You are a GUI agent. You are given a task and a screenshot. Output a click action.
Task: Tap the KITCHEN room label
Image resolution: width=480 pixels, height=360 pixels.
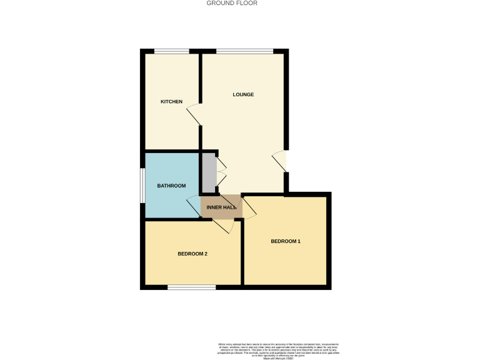coord(171,101)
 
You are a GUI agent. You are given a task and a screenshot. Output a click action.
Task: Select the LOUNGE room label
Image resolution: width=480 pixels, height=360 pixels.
coord(243,94)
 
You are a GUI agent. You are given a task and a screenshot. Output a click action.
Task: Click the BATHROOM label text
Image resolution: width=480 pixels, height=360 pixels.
coord(171,186)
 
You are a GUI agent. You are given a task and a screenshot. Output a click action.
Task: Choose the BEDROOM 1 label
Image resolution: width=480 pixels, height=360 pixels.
coord(286,241)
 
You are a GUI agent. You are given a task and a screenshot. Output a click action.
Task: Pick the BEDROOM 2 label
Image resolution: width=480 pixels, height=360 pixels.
coord(192,254)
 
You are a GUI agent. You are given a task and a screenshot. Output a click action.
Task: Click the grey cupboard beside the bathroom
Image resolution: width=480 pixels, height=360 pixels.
coord(208,172)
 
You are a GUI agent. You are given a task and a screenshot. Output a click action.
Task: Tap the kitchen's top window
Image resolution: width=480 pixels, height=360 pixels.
coord(172,51)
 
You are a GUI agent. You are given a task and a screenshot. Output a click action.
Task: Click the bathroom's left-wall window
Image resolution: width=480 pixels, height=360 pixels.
coord(142,186)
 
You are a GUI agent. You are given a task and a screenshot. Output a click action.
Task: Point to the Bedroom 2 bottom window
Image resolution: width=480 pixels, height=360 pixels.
coord(191,287)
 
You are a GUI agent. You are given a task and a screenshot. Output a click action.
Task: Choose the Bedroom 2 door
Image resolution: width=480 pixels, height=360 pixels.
coord(222,226)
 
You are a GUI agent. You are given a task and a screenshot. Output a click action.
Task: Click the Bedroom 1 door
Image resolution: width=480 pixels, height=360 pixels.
coord(249,208)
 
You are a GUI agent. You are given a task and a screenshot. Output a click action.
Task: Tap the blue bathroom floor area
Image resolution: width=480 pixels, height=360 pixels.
coord(169,200)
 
